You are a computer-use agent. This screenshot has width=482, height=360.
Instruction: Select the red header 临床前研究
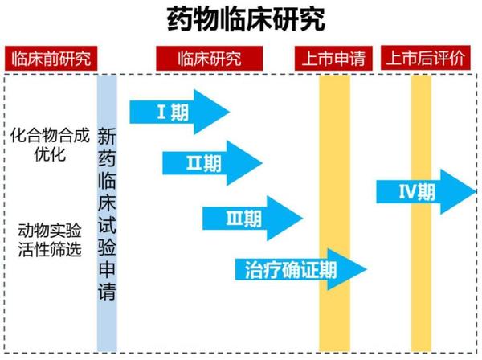(49, 59)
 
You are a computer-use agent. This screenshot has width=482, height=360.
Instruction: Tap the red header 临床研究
(210, 59)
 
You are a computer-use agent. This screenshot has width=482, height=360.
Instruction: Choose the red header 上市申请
(334, 59)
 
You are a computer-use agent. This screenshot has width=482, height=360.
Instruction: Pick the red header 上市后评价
(426, 59)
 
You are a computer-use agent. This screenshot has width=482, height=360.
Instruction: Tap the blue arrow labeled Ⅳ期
(426, 190)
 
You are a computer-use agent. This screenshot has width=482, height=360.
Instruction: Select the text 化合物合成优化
(49, 143)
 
